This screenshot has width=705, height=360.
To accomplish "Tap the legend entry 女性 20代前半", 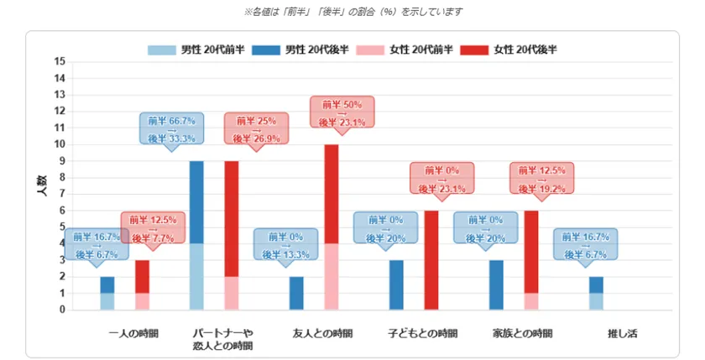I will [408, 50].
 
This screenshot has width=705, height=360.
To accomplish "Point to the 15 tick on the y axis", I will [59, 61].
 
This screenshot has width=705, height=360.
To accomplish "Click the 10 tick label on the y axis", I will [59, 144].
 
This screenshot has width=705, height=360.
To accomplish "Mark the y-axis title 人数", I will [41, 185].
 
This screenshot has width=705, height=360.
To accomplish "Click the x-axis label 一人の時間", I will [133, 333].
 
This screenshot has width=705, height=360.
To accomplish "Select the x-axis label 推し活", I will [623, 333].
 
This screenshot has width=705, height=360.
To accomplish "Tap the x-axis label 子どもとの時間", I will [422, 333].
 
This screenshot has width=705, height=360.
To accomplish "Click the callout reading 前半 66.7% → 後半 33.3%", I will [172, 129].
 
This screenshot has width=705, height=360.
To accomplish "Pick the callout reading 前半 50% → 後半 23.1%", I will [342, 113].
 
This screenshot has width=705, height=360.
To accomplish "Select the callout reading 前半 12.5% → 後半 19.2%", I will [541, 179].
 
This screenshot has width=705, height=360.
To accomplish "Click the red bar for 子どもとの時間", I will [431, 260].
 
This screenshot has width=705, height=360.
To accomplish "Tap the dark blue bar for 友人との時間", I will [296, 293].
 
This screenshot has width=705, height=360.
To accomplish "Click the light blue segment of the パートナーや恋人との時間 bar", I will [196, 277].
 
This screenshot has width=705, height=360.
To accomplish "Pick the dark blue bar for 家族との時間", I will [496, 285].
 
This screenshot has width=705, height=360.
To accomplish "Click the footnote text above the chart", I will [352, 12].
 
